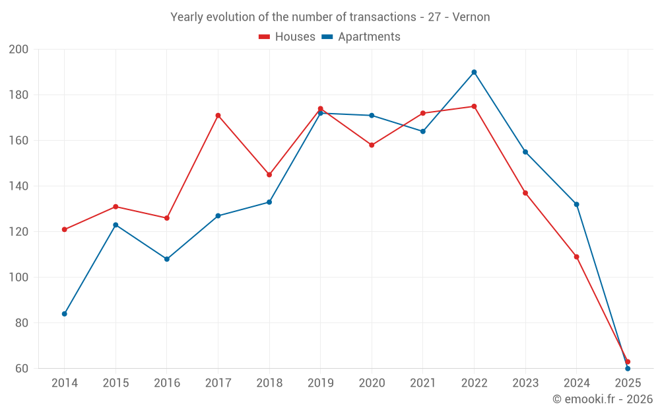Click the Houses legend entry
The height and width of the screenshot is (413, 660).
287,37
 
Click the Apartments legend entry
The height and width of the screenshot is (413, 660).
361,37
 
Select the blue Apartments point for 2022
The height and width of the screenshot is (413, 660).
474,72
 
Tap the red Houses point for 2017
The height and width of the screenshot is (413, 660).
218,116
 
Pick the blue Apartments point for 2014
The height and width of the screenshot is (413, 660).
65,314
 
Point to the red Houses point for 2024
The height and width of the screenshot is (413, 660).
576,257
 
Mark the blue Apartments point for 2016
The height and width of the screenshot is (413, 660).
167,259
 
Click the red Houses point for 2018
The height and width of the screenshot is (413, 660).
269,175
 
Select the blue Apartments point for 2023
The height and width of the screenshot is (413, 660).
525,152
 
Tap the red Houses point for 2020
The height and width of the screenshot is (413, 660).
372,145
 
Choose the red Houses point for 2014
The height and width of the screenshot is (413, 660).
65,230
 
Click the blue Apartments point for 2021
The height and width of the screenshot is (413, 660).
423,131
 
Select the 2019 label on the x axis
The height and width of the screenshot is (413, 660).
320,383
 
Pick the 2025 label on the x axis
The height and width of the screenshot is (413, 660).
628,383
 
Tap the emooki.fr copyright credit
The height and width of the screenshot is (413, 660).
603,399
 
